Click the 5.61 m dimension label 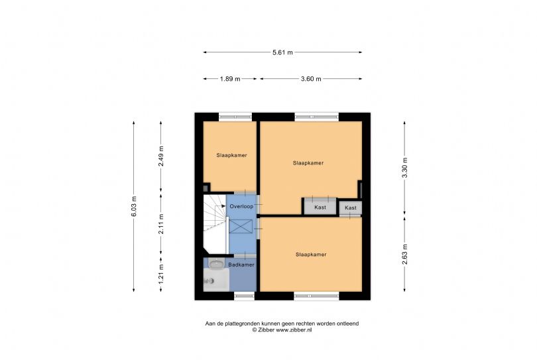click(x=282, y=52)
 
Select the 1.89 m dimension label click(x=230, y=79)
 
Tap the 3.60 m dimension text click(x=311, y=79)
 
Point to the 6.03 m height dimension click(x=133, y=206)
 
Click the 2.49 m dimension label click(x=161, y=156)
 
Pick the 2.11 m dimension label click(x=161, y=224)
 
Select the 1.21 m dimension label click(x=161, y=274)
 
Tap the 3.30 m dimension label click(x=405, y=168)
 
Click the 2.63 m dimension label click(x=405, y=255)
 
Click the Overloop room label click(x=241, y=207)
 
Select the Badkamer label click(x=241, y=265)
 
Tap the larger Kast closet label click(x=320, y=208)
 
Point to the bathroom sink click(x=216, y=264)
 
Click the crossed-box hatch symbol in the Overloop click(x=241, y=227)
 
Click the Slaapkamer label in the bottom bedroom click(x=311, y=255)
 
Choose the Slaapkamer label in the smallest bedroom click(x=231, y=155)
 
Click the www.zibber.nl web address click(x=294, y=330)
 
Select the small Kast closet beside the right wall click(x=350, y=208)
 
